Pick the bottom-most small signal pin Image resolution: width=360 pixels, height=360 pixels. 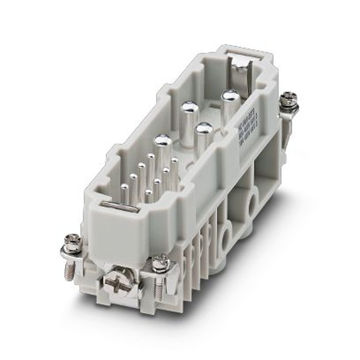(x=148, y=193)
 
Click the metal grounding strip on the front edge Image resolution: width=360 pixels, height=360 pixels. (x=120, y=207)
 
